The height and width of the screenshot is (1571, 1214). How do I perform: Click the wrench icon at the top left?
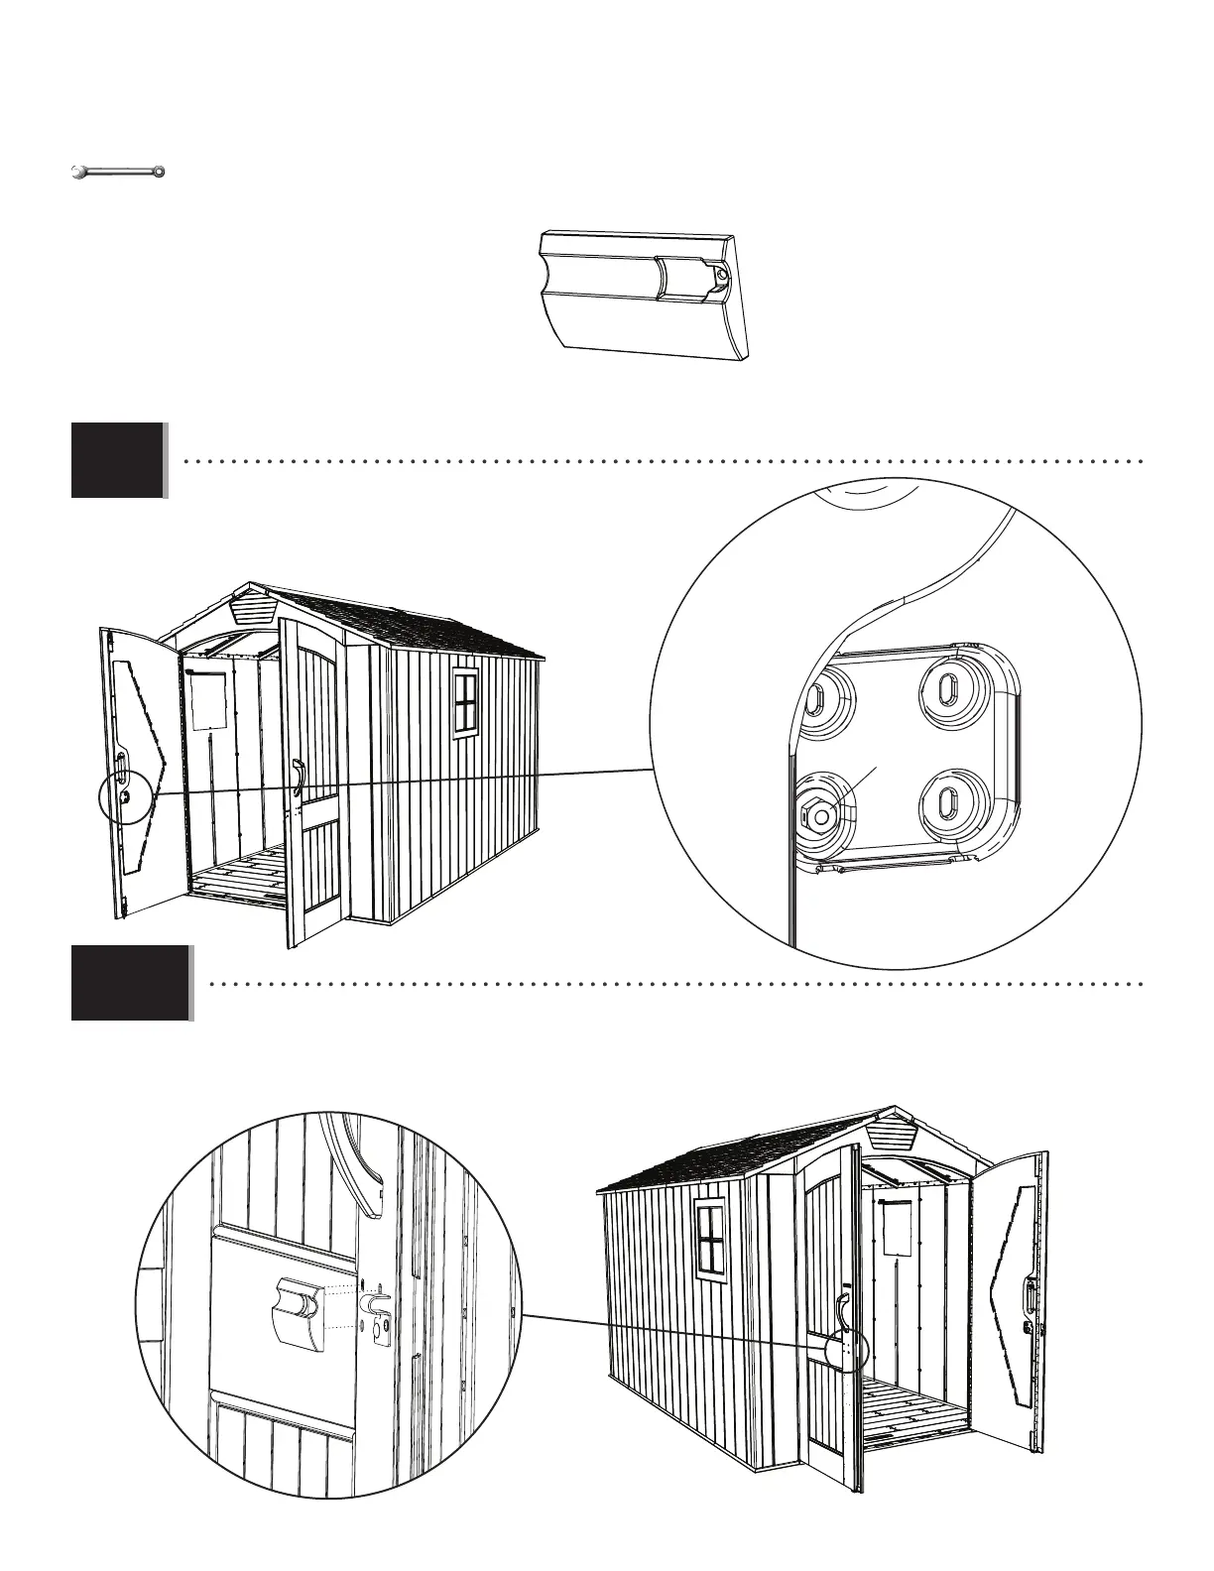point(117,173)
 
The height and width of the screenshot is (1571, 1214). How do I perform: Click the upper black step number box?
point(117,460)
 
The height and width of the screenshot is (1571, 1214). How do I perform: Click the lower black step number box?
point(129,983)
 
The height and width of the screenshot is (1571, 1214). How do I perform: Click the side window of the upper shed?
point(464,703)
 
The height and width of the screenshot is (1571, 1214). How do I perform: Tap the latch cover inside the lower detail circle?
point(298,1312)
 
